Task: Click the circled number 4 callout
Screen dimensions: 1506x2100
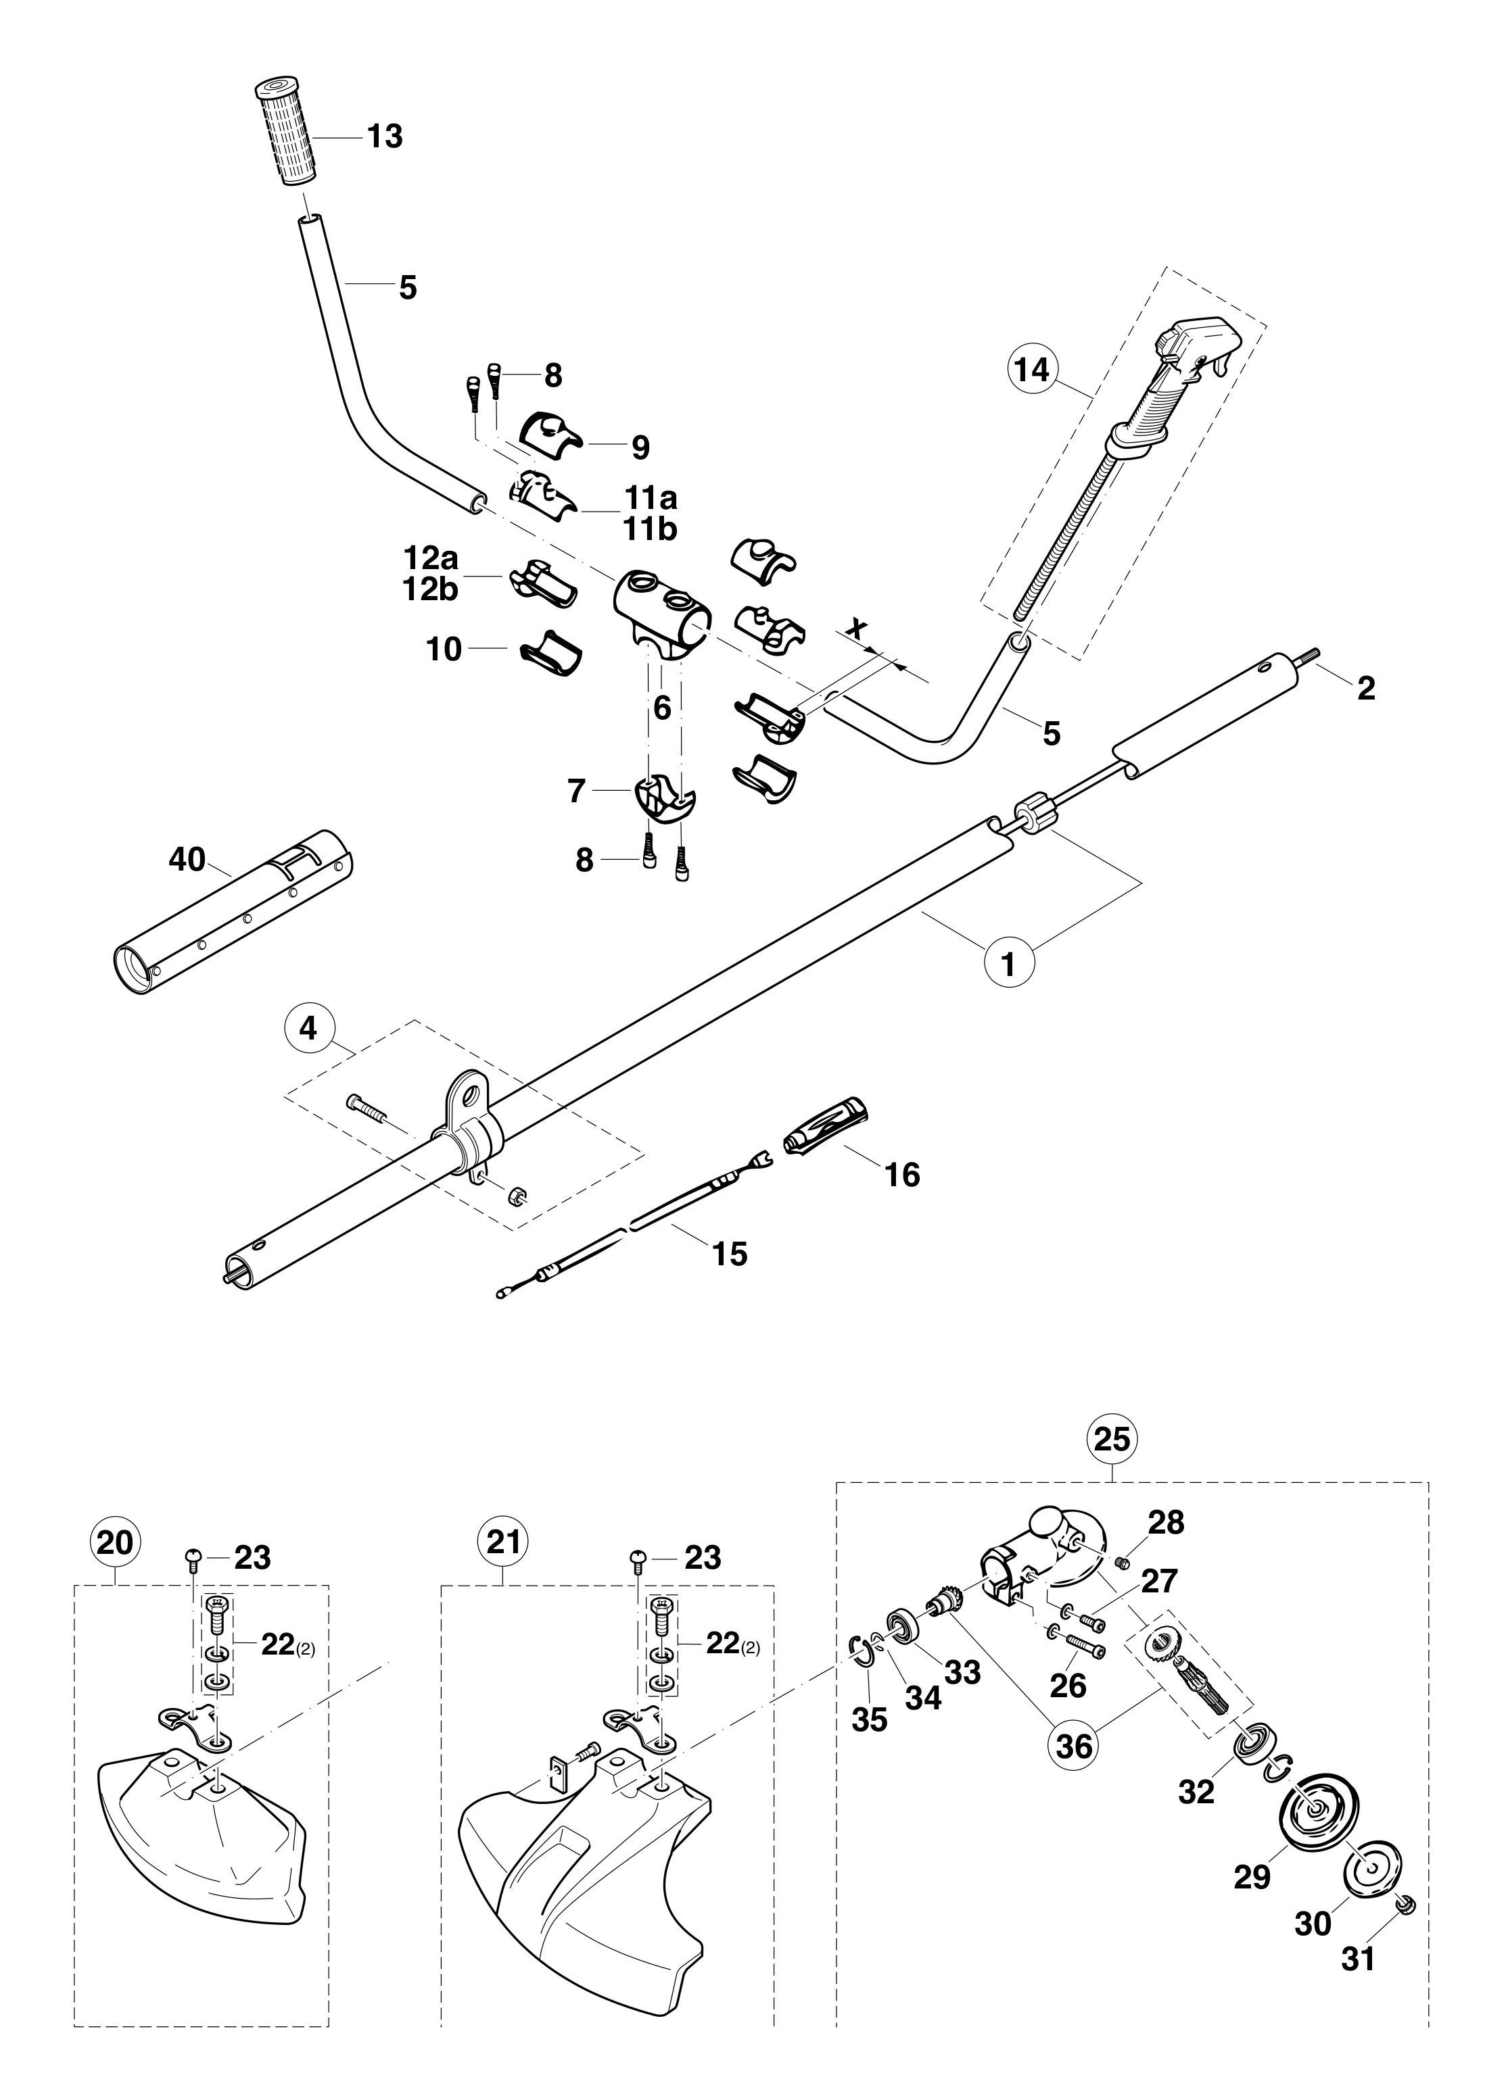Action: click(x=308, y=1029)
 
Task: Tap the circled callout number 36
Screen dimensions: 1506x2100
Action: click(x=1073, y=1744)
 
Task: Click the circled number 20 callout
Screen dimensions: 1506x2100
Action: click(x=115, y=1544)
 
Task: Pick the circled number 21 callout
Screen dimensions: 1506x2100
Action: click(x=502, y=1544)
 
